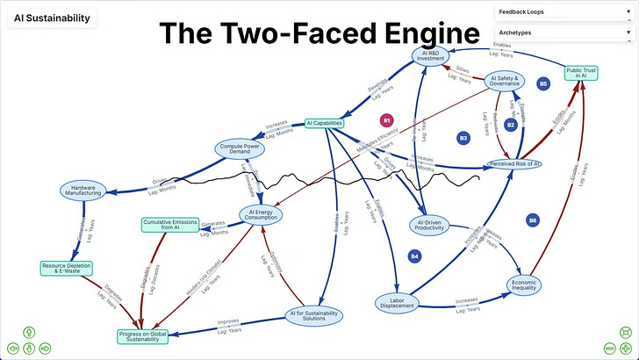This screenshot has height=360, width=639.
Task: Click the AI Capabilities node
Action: coord(324,124)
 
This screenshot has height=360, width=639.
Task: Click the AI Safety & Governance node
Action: coord(509,81)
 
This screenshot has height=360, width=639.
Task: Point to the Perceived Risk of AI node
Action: coord(513,164)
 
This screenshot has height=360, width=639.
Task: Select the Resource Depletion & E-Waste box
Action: coord(66,267)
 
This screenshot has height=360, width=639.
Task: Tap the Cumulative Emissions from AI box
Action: coord(171,225)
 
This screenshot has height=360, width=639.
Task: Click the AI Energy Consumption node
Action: coord(263,215)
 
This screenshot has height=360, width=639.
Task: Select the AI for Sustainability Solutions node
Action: coord(313,316)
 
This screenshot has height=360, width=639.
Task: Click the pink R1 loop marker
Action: coord(387,119)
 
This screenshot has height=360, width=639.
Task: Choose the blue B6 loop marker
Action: coord(533,220)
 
